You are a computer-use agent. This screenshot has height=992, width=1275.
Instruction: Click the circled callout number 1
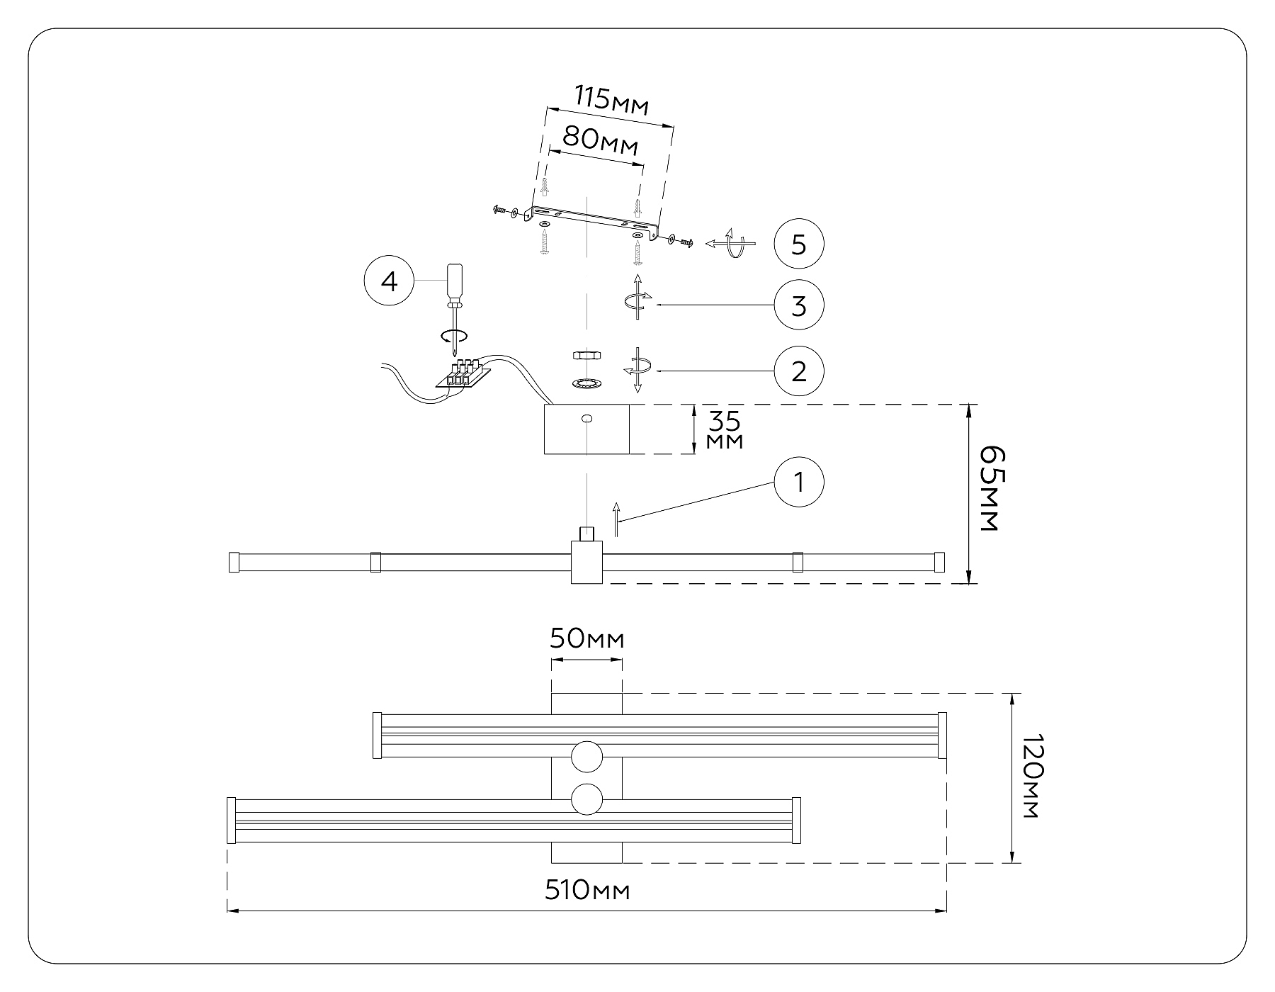799,483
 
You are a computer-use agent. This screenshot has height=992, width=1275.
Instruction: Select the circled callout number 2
799,371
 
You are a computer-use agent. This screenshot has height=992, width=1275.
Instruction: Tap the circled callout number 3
799,305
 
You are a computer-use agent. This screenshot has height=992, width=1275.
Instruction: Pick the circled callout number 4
389,281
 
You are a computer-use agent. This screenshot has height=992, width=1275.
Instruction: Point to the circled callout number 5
799,244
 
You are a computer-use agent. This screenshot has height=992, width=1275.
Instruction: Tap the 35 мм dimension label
725,429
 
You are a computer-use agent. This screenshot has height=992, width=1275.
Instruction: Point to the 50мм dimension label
587,639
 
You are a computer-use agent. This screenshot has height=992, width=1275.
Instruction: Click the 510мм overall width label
587,890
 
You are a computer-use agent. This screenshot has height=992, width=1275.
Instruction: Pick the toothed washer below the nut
586,383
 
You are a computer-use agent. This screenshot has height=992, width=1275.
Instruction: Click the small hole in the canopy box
586,419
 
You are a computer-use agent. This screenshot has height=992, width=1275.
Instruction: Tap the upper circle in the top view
586,757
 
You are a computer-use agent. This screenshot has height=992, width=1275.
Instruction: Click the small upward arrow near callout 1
616,519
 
